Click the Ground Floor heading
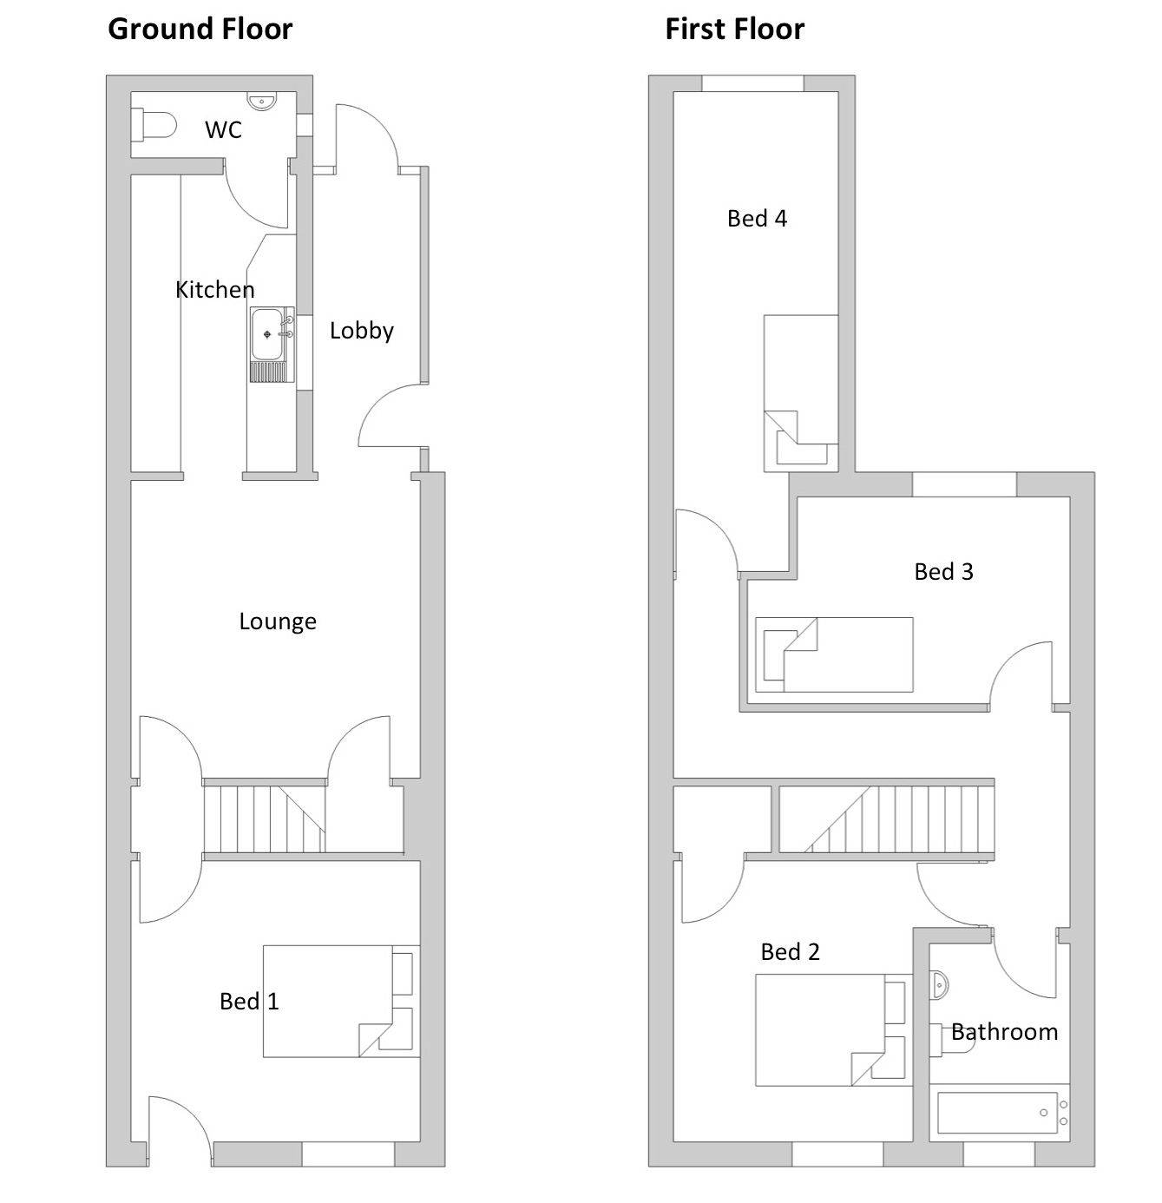[x=200, y=30]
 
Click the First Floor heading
[x=734, y=30]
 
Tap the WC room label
[x=223, y=130]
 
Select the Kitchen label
[x=214, y=289]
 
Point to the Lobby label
[x=362, y=331]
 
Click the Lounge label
[x=278, y=621]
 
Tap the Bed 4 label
[x=757, y=218]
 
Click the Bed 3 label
[x=944, y=572]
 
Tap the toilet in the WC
[x=154, y=127]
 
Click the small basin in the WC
[x=263, y=101]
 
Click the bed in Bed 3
[x=834, y=654]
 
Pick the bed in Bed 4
[x=801, y=393]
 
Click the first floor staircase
[x=886, y=819]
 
